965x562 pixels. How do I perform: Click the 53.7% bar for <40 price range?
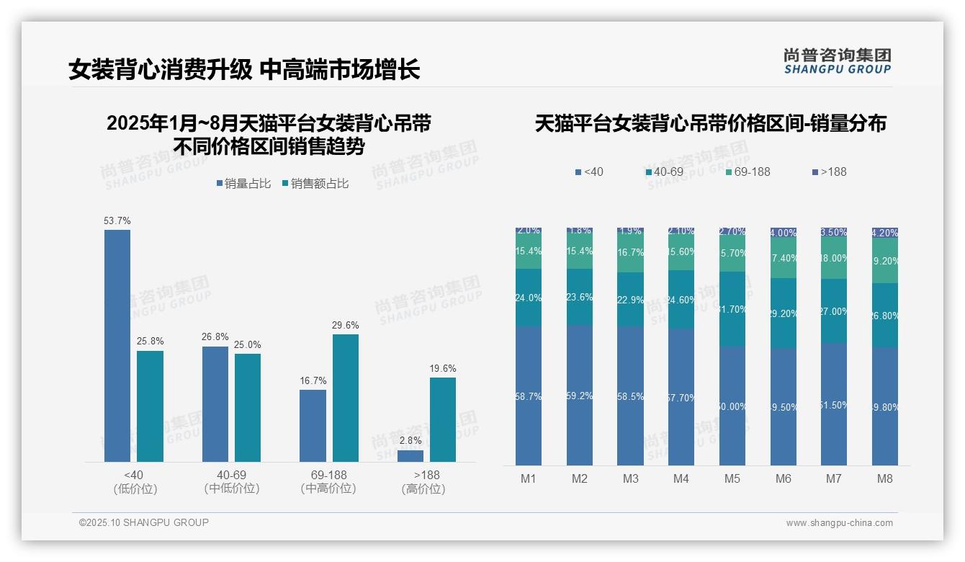click(117, 346)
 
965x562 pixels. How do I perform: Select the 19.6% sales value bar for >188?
click(443, 419)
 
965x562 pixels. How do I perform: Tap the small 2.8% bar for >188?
click(410, 456)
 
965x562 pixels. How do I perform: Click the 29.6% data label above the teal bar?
click(346, 326)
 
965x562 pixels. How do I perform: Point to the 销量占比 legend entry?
click(243, 184)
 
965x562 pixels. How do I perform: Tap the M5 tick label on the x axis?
click(732, 478)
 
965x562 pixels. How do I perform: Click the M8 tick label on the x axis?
click(885, 478)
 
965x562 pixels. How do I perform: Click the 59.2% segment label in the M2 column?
click(580, 396)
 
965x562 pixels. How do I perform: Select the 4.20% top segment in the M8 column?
click(885, 233)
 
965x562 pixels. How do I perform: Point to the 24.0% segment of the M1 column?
click(529, 298)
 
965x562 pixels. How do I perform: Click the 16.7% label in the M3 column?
click(631, 253)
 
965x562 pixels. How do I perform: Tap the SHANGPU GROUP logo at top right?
click(837, 61)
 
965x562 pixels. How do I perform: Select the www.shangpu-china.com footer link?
click(839, 523)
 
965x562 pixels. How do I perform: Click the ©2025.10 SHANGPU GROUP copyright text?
click(144, 522)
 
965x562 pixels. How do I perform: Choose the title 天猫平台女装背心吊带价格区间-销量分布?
click(710, 124)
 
